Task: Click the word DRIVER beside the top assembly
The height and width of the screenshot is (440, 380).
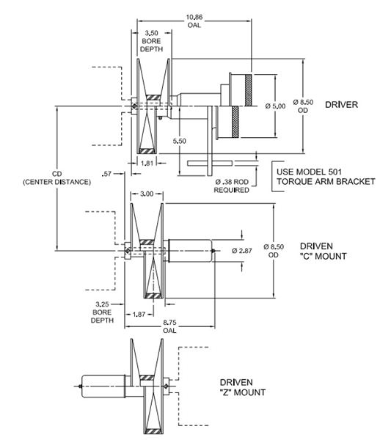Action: click(342, 105)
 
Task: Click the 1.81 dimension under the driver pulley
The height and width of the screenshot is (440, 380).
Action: click(146, 163)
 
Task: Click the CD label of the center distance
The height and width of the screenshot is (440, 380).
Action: click(57, 174)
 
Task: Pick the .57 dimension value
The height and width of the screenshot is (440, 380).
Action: click(109, 173)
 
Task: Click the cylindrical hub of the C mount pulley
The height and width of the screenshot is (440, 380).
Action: click(190, 251)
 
